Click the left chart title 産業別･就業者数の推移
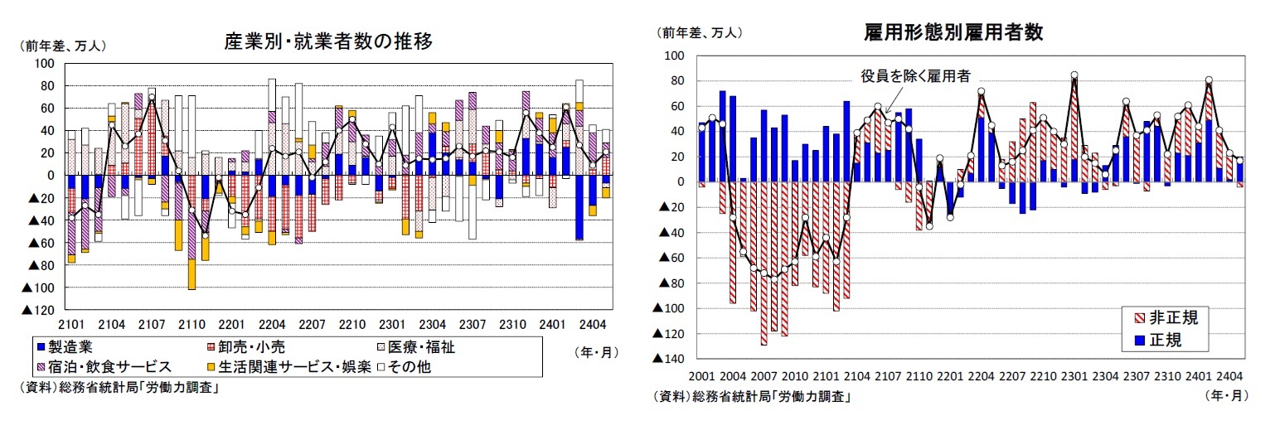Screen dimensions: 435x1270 (328, 41)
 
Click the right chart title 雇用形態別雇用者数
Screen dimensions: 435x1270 (952, 32)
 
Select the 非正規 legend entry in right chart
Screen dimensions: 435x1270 (1167, 317)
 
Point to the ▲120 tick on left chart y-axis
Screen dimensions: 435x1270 (41, 310)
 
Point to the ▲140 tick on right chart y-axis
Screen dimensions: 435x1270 (670, 359)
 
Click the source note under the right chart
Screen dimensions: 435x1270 (754, 397)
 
